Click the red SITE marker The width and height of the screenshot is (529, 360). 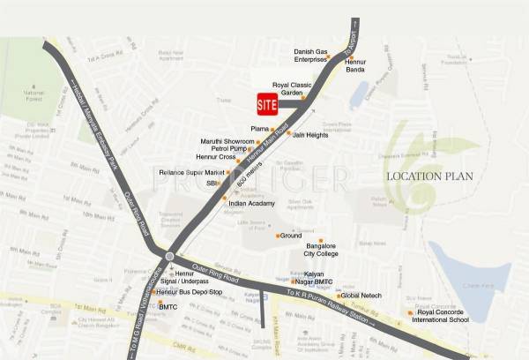[266, 103]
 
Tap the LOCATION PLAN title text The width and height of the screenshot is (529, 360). [430, 176]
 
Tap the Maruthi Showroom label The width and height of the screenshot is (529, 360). [227, 141]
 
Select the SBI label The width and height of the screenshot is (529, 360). [212, 183]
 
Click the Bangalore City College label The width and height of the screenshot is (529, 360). [322, 250]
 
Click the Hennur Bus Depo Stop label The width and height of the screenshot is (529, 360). [188, 291]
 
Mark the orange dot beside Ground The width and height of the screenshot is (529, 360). [278, 236]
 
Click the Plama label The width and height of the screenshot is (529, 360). [262, 129]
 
